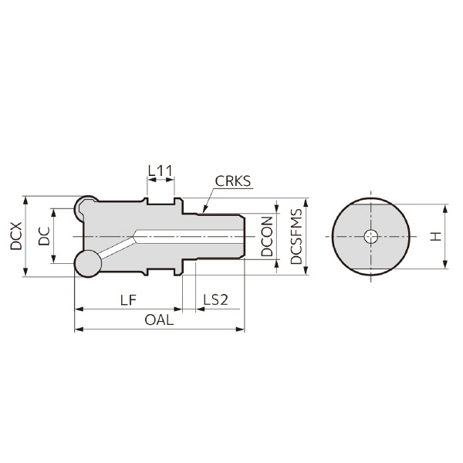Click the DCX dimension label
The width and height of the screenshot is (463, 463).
click(x=16, y=235)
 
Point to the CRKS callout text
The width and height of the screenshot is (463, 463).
click(x=233, y=182)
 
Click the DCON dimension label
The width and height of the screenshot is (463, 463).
click(x=266, y=236)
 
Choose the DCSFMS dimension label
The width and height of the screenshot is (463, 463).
click(x=296, y=236)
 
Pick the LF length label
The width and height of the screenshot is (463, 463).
click(x=129, y=299)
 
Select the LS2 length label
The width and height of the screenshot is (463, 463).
click(x=215, y=299)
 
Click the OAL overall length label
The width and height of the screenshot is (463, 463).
click(x=159, y=319)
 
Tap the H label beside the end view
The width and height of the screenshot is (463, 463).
click(x=436, y=236)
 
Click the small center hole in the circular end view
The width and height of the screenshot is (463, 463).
click(x=371, y=237)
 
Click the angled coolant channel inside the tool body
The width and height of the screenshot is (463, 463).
click(x=116, y=248)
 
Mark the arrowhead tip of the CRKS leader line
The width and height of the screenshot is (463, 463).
click(x=202, y=210)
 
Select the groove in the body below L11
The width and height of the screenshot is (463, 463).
click(x=160, y=205)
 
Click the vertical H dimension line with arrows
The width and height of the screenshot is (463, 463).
click(x=445, y=236)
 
